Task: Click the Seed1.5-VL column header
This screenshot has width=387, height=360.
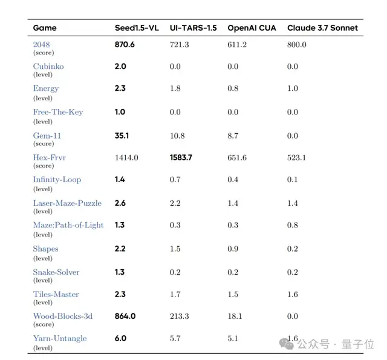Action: tap(137, 28)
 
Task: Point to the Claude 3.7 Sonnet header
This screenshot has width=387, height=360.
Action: tap(322, 28)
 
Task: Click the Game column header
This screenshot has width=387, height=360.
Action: tap(44, 28)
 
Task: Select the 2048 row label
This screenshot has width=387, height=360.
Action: tap(42, 44)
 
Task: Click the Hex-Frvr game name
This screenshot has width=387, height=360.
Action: tap(50, 157)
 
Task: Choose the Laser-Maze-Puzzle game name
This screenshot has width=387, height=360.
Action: tap(67, 203)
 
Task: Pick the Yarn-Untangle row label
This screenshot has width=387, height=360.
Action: tap(60, 338)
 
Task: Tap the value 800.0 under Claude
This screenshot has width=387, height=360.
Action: tap(296, 44)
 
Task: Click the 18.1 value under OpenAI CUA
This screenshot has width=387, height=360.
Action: tap(235, 316)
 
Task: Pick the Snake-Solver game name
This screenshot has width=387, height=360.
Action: tap(56, 272)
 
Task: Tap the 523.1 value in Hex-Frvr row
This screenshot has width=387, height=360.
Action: tap(296, 157)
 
